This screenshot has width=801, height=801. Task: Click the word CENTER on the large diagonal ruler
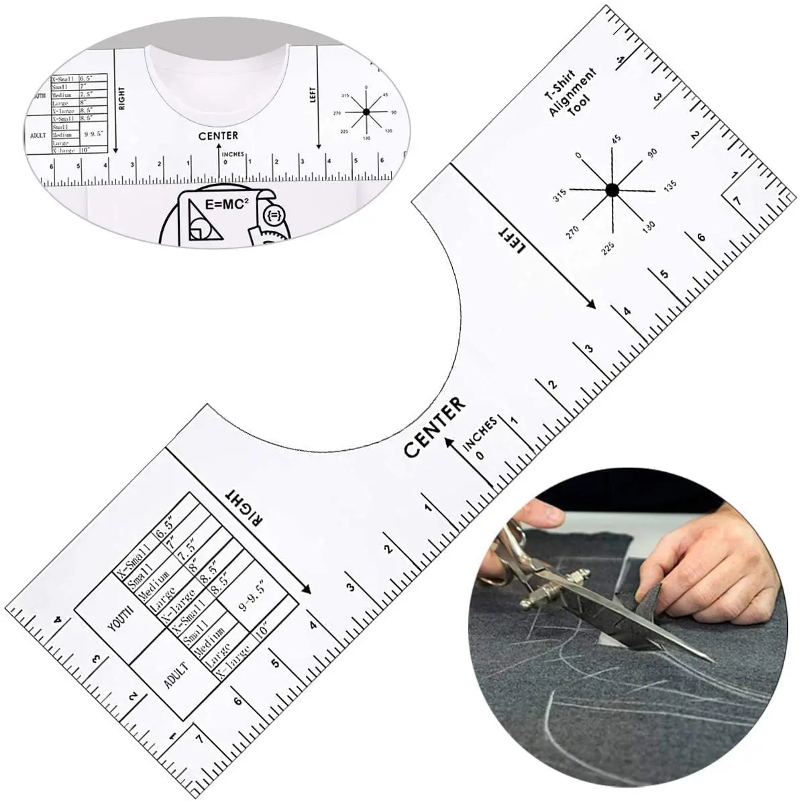(x=434, y=427)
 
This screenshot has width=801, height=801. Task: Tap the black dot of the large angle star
(x=611, y=190)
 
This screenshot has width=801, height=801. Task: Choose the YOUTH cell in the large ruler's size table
(x=121, y=618)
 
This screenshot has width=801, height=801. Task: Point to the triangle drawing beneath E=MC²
(x=203, y=224)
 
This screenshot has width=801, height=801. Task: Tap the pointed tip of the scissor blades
(x=711, y=660)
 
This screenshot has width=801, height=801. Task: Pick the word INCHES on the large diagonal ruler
(x=479, y=433)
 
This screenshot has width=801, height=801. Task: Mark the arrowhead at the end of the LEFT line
(x=591, y=305)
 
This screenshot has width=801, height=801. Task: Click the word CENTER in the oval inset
(x=218, y=136)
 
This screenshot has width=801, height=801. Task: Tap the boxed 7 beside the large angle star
(x=737, y=200)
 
